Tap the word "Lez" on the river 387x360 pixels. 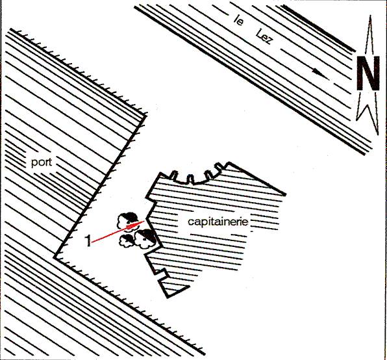click(x=264, y=37)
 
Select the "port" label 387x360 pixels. click(x=42, y=163)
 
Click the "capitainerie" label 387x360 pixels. click(x=218, y=222)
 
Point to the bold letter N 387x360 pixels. click(x=368, y=73)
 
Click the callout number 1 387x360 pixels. click(x=88, y=240)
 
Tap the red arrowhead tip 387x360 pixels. click(x=145, y=221)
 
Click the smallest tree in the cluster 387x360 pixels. click(x=127, y=240)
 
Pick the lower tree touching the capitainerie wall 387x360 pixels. click(x=145, y=238)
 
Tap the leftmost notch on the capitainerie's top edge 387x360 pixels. click(x=174, y=175)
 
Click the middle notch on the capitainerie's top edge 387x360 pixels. click(x=190, y=179)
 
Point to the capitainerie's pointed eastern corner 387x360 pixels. click(x=285, y=194)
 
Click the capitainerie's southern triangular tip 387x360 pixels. click(x=168, y=296)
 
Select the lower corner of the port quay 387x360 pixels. click(x=55, y=257)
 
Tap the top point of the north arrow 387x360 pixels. click(x=370, y=16)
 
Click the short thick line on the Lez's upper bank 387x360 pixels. click(x=318, y=28)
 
